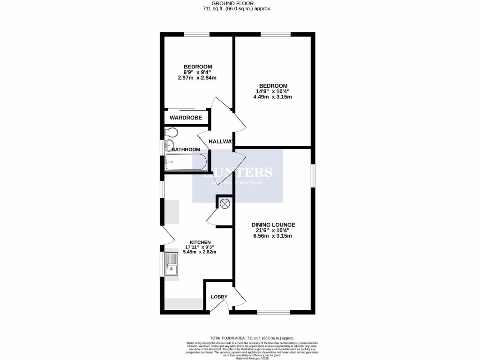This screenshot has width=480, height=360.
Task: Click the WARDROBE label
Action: pos(186,118)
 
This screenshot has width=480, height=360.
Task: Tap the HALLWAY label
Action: pos(221,142)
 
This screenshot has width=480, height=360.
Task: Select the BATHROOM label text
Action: pos(186,150)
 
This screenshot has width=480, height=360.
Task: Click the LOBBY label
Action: pos(219,297)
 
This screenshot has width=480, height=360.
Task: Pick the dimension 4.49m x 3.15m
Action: pos(271,97)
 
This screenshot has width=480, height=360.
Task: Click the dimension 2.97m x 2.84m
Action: pos(197,78)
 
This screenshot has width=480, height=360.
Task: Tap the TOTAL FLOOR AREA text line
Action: pos(252,338)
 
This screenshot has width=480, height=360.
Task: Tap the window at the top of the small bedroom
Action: pos(196,34)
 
